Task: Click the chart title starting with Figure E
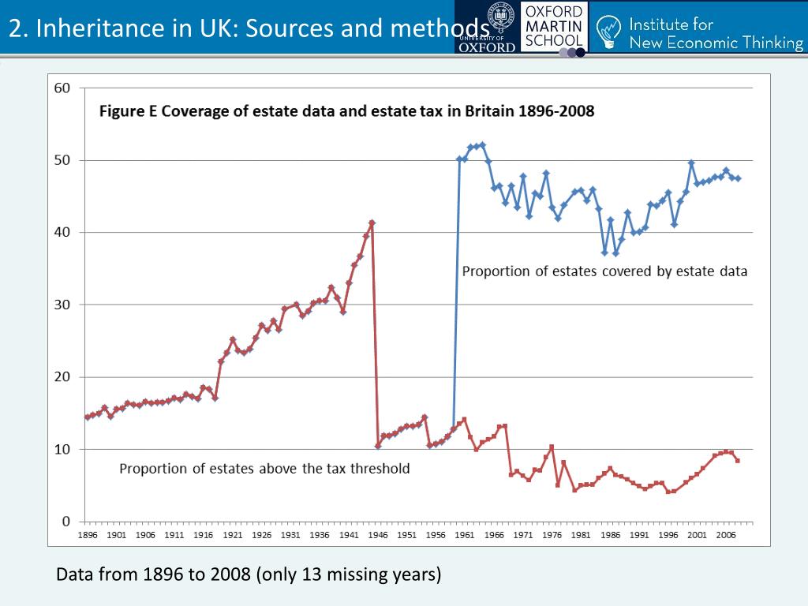[346, 111]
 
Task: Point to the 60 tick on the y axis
[62, 88]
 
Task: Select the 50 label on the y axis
[62, 160]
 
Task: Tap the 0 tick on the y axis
[67, 522]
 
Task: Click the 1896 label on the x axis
[88, 534]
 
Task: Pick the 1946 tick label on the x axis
[378, 534]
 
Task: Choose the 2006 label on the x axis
[726, 534]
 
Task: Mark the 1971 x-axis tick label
[523, 534]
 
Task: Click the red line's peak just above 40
[372, 223]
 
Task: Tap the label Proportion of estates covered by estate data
[604, 271]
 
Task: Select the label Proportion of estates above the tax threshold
[264, 469]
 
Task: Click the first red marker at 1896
[88, 417]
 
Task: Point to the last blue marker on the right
[738, 178]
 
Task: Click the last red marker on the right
[738, 461]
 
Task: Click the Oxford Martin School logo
[554, 28]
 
